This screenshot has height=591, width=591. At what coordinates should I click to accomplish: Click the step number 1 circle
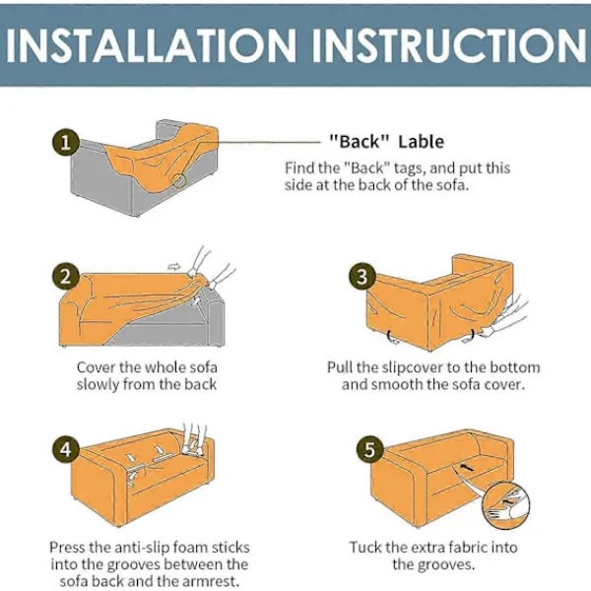point(66,143)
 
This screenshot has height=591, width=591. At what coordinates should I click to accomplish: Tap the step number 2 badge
point(66,276)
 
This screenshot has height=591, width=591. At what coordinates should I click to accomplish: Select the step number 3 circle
point(362,276)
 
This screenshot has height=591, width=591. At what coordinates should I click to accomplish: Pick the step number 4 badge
point(66,449)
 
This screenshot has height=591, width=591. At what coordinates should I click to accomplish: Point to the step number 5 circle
point(369,449)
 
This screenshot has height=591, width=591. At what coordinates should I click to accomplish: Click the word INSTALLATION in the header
point(151,45)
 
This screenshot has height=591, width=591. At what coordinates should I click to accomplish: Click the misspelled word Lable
point(422,142)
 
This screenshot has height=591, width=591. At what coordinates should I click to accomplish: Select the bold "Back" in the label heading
point(360,142)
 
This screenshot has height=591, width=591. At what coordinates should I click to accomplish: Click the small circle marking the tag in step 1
point(179,180)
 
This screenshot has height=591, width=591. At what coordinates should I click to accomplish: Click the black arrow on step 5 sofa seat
point(467,468)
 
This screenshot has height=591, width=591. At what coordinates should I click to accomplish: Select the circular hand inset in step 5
point(506,505)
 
